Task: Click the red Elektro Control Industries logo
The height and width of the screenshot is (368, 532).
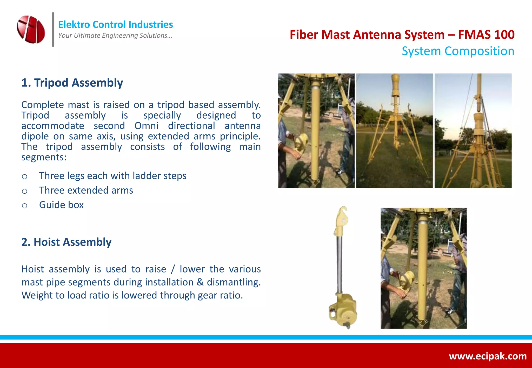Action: tap(31, 29)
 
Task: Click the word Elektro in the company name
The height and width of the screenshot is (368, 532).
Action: tap(74, 25)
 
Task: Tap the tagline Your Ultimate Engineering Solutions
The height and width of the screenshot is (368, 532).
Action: tap(115, 36)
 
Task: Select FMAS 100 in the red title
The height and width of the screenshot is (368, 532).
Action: tap(486, 35)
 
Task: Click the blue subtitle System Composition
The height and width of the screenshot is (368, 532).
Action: tap(458, 51)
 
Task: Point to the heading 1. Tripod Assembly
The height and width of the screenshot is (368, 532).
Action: tap(72, 83)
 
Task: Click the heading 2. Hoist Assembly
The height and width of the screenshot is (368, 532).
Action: tap(66, 242)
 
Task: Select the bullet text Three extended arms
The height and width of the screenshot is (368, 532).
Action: tap(86, 190)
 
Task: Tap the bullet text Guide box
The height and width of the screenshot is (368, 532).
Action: tap(61, 205)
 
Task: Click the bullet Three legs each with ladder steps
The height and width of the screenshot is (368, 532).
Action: tap(112, 176)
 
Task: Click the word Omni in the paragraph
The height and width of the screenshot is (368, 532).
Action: tap(146, 126)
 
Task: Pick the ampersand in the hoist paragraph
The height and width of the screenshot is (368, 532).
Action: tap(200, 282)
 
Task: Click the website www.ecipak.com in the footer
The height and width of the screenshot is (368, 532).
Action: tap(488, 356)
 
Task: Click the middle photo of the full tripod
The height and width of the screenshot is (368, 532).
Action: tap(394, 131)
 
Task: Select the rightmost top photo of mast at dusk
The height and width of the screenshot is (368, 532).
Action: tap(473, 131)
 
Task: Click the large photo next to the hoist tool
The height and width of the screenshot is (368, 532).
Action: tap(423, 268)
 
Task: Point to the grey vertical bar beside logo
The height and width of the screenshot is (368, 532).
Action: tap(53, 29)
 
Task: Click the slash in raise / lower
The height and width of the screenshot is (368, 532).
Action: tap(173, 269)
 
